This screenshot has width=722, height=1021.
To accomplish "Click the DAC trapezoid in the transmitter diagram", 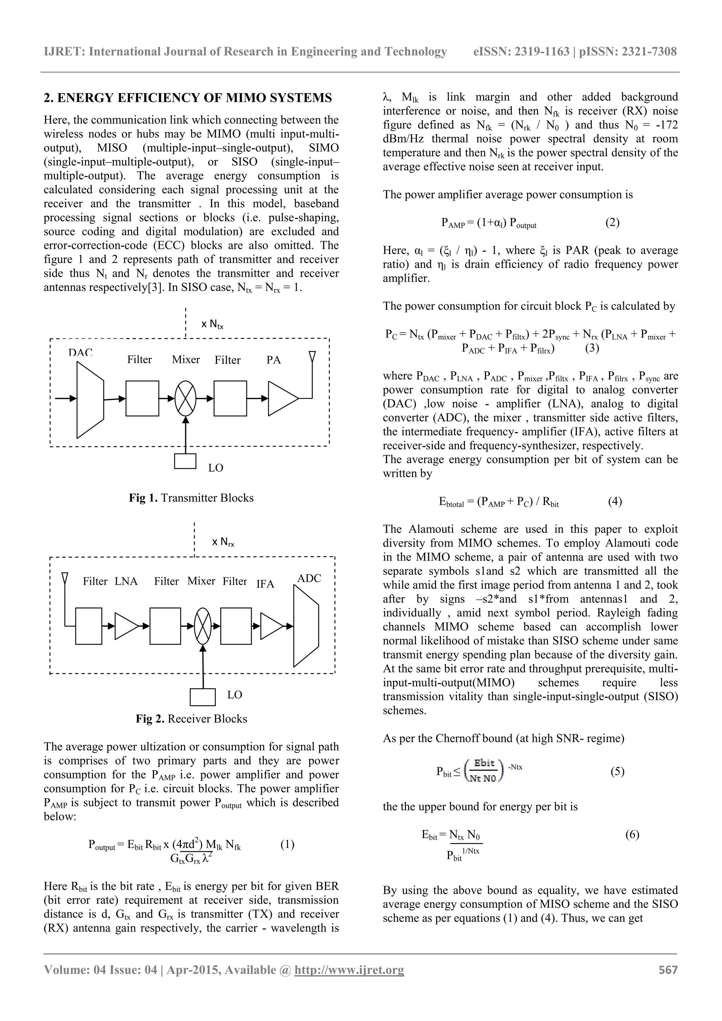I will pos(90,399).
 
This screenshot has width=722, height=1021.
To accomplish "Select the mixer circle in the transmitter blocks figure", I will pos(185,399).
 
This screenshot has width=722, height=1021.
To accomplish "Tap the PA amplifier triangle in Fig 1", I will pos(282,399).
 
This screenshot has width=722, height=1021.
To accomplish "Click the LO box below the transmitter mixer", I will pos(185,461).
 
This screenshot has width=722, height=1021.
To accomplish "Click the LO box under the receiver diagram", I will pos(202,697).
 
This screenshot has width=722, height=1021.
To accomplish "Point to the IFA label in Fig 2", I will pos(265,584).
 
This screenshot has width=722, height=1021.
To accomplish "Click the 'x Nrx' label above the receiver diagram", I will pos(223,542).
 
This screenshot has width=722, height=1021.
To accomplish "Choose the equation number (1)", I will pos(287,844).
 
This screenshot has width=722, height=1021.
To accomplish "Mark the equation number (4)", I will pos(615,502).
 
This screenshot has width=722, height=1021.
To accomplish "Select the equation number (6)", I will pos(632,834).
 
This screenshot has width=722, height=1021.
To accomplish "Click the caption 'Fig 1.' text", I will pos(143,498).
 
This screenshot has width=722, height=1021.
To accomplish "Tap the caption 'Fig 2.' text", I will pos(150,719).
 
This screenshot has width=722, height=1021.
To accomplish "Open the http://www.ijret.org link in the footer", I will pos(349,970).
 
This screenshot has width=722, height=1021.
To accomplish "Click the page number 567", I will pos(668,970).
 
